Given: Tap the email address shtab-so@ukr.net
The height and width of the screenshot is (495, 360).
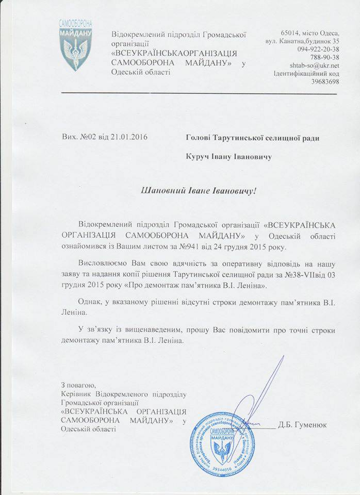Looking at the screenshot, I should (314, 65).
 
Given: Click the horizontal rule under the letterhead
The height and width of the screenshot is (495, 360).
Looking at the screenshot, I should (199, 94).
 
